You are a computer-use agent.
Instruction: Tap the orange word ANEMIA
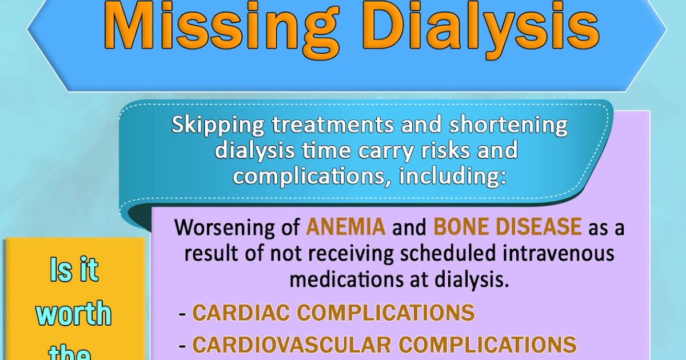pos(345,227)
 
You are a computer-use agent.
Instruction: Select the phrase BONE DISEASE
pos(507,227)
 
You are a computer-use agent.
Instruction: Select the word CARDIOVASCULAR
pos(291,344)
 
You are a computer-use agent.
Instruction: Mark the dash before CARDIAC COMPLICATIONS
pos(182,313)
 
